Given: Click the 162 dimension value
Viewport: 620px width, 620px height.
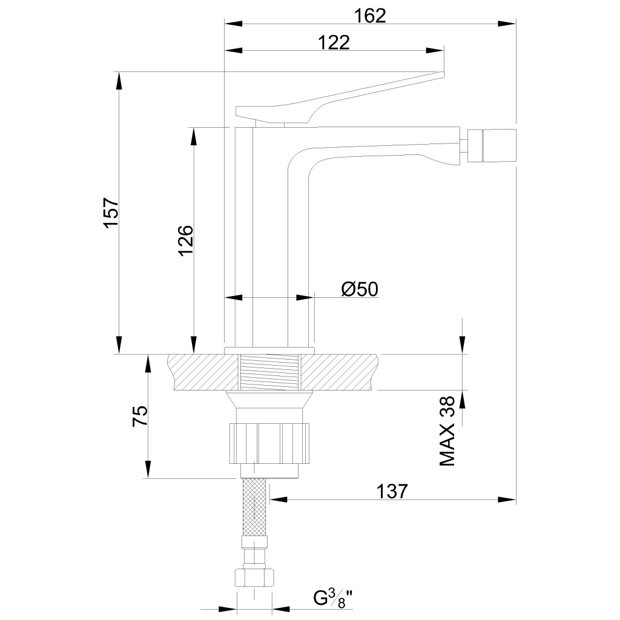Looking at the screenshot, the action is (370, 16).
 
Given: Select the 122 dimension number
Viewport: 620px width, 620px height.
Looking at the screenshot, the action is (334, 43).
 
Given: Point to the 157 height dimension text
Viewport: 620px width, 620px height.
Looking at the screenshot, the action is (111, 213).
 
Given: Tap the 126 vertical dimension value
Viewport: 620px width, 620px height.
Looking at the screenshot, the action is (186, 240).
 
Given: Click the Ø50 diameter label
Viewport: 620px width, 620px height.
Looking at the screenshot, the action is (360, 289).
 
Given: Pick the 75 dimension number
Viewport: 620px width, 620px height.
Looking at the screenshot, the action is (140, 416).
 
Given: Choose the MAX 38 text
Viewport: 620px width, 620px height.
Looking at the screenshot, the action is (447, 431).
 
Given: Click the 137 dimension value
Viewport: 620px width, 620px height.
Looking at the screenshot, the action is (392, 492).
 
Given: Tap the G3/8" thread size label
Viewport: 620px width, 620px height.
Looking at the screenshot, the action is (333, 598).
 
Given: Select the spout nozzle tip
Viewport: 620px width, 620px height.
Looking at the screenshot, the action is (492, 145).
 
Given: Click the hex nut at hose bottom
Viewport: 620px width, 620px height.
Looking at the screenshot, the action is (254, 578).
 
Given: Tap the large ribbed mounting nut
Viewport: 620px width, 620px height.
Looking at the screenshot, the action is (269, 443).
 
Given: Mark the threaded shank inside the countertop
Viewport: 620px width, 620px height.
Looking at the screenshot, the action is (269, 372).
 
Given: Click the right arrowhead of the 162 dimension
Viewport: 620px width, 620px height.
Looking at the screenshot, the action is (507, 24).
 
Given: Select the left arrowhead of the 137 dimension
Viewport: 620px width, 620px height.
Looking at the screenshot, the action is (279, 500).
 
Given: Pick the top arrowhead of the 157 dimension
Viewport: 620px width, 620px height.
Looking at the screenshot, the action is (118, 81).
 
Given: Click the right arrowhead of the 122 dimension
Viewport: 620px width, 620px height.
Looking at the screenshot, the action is (435, 51).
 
